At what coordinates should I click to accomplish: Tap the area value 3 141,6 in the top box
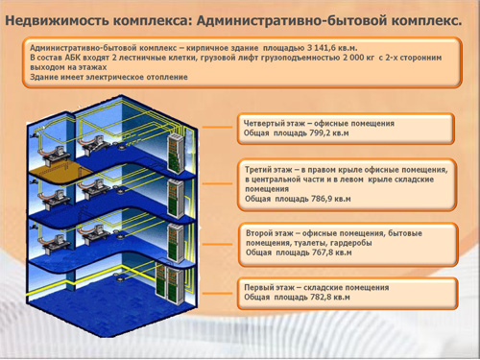323,48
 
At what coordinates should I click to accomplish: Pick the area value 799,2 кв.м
329,133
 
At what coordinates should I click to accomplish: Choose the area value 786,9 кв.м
331,199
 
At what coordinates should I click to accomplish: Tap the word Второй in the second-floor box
259,233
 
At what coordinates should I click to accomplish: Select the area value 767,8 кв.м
332,252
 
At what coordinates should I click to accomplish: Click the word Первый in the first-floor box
258,287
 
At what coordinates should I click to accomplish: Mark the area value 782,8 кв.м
330,298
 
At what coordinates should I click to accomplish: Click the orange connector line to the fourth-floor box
218,127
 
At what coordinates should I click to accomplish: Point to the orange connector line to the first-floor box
218,293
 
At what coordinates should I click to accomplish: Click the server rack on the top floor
176,154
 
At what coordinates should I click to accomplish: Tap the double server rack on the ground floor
170,282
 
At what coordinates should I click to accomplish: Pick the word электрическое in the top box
115,77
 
